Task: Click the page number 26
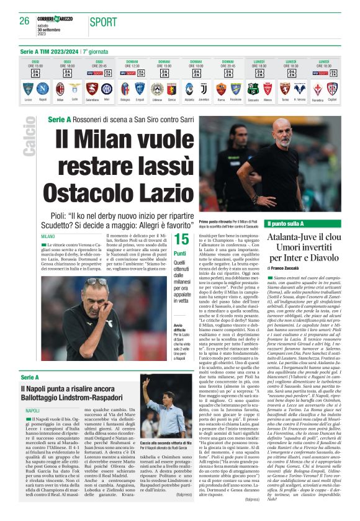[x=24, y=21]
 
